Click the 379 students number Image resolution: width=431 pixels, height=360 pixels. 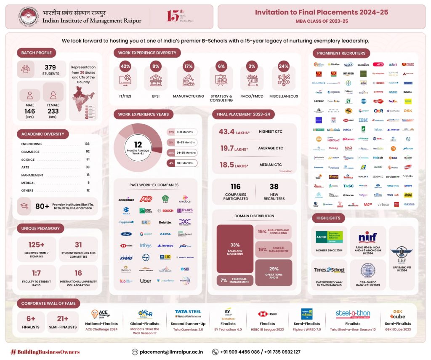tap(51, 67)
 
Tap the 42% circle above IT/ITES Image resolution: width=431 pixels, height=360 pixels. tap(125, 66)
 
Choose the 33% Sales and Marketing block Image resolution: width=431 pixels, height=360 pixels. tap(235, 248)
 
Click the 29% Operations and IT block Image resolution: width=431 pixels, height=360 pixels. tap(274, 272)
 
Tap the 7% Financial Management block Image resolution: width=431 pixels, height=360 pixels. tap(235, 280)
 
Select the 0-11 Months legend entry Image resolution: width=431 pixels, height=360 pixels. tap(182, 132)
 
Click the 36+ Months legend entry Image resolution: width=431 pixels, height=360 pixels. tap(182, 163)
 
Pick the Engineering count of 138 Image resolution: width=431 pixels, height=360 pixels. tap(87, 144)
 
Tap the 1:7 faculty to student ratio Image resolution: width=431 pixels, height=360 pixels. tap(36, 273)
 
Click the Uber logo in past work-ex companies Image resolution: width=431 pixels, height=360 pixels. tap(146, 280)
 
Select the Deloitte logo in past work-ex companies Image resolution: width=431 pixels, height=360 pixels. tap(165, 222)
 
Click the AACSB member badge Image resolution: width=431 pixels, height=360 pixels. tap(330, 238)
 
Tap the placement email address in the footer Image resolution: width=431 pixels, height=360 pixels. tap(171, 352)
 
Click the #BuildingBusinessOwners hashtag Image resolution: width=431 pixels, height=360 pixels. tap(45, 352)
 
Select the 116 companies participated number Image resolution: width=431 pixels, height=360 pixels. tap(236, 186)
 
